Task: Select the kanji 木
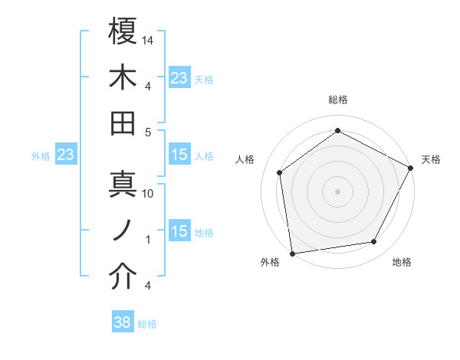point(123,77)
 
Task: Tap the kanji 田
point(123,123)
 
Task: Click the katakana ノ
point(123,231)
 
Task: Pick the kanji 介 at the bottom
point(123,277)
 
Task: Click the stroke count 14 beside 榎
point(149,39)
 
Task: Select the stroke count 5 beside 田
point(149,132)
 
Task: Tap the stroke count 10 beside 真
point(149,194)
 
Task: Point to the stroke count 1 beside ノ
point(149,240)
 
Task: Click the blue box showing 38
point(123,322)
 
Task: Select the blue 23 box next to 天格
point(179,77)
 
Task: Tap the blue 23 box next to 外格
point(65,155)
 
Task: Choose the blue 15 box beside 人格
point(179,155)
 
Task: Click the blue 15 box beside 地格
point(179,231)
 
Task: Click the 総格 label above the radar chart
point(338,100)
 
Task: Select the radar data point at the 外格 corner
point(292,253)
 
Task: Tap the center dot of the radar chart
point(338,191)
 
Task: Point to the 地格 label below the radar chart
point(402,263)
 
